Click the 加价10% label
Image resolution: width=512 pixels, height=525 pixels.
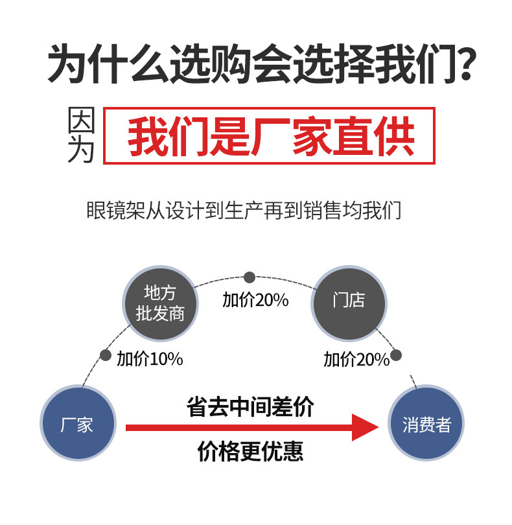(150, 358)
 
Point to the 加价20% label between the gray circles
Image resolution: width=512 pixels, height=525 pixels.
(255, 301)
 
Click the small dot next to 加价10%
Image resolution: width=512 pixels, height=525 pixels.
(106, 355)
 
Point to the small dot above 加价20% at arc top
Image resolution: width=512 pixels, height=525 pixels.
(250, 277)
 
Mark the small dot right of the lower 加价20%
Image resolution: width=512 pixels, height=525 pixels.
(396, 355)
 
